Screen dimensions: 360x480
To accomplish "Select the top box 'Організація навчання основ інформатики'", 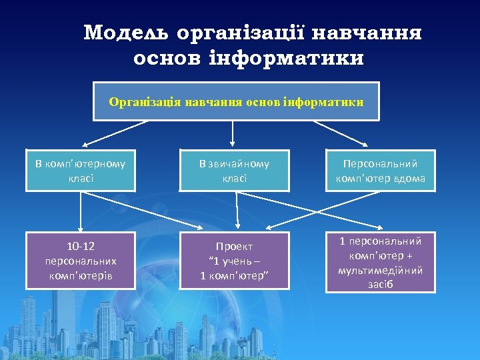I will pos(236,101).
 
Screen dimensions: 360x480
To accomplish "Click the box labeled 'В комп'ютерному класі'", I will pos(80,171).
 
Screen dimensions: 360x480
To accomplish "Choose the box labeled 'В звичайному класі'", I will pos(234,171).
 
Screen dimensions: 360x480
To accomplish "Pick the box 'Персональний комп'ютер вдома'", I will pos(380,171).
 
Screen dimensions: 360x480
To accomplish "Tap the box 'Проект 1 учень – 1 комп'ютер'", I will pos(234,261).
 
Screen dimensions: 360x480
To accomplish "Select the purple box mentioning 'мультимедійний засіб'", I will pos(380,263).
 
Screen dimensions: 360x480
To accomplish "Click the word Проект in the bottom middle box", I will pos(234,247).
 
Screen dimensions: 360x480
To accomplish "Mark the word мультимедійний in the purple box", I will pos(380,270).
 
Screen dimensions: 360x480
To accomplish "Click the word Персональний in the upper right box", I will pos(380,163).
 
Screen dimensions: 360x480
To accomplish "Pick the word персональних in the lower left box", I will pos(80,261).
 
